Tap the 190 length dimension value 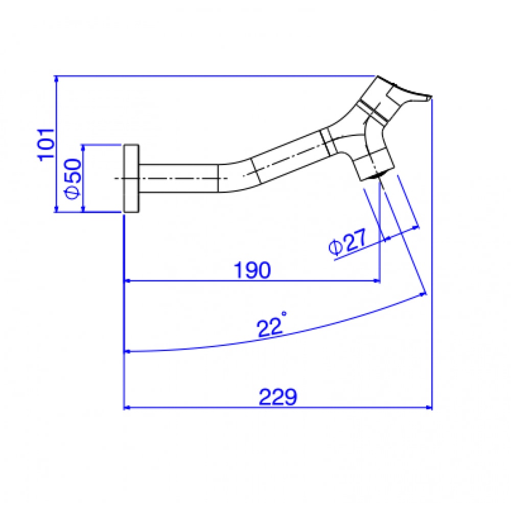(252, 270)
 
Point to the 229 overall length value (277, 397)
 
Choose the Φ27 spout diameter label (347, 242)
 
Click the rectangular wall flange (131, 178)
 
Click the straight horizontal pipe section (178, 178)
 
